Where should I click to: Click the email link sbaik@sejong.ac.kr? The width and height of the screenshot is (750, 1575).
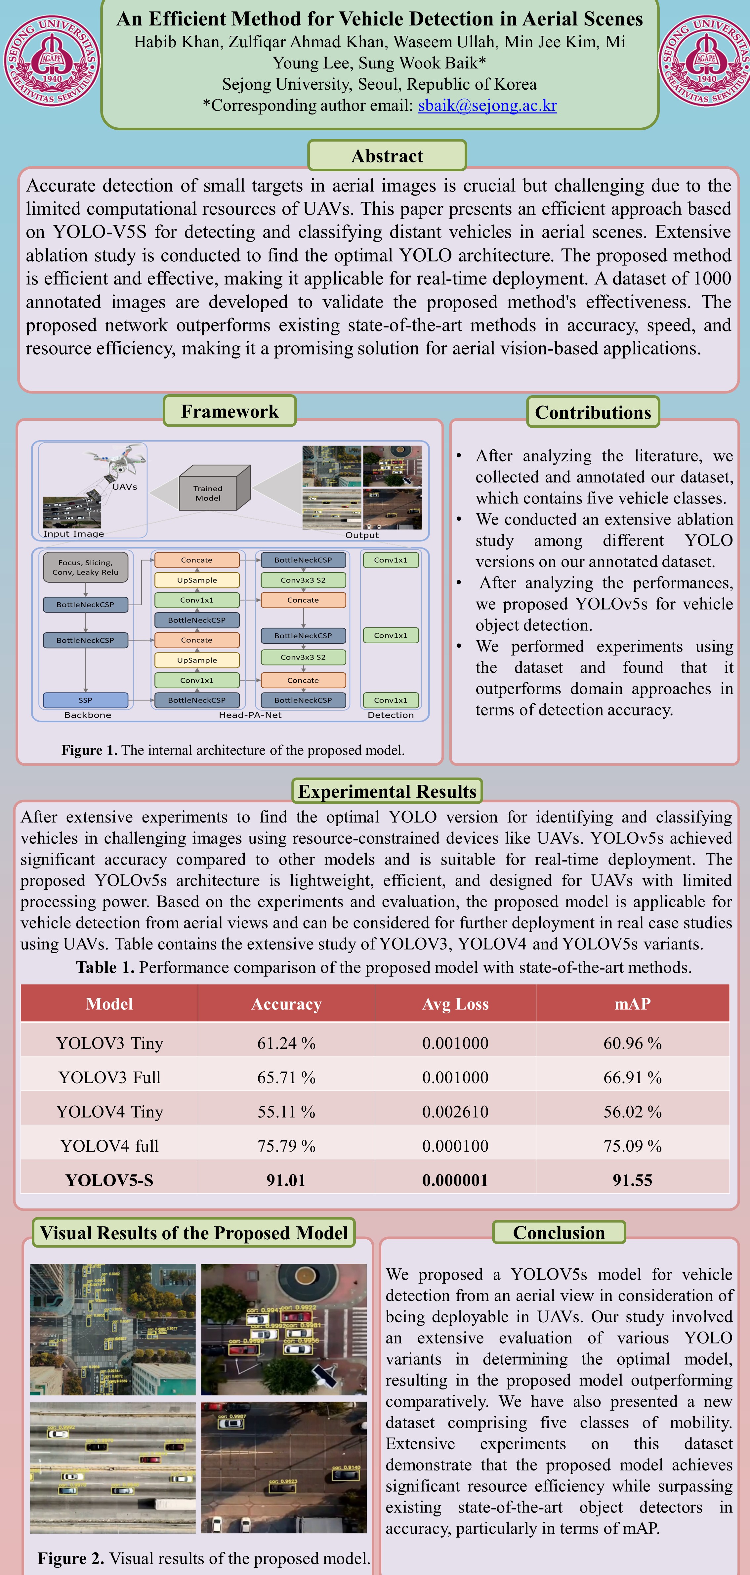coord(487,106)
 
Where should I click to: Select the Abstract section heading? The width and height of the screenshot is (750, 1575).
coord(387,156)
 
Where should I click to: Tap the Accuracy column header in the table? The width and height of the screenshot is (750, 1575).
coord(286,1004)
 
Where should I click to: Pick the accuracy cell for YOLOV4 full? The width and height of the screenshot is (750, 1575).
coord(286,1146)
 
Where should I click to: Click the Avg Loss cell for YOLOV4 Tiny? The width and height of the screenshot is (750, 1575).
coord(455,1112)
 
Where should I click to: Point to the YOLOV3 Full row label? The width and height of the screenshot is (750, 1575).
coord(109,1077)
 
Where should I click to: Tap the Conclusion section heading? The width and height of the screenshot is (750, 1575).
coord(559,1233)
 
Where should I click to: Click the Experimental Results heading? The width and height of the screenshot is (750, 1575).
coord(387,791)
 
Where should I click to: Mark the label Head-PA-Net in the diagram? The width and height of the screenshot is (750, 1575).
coord(250,715)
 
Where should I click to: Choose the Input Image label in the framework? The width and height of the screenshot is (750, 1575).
coord(73,534)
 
